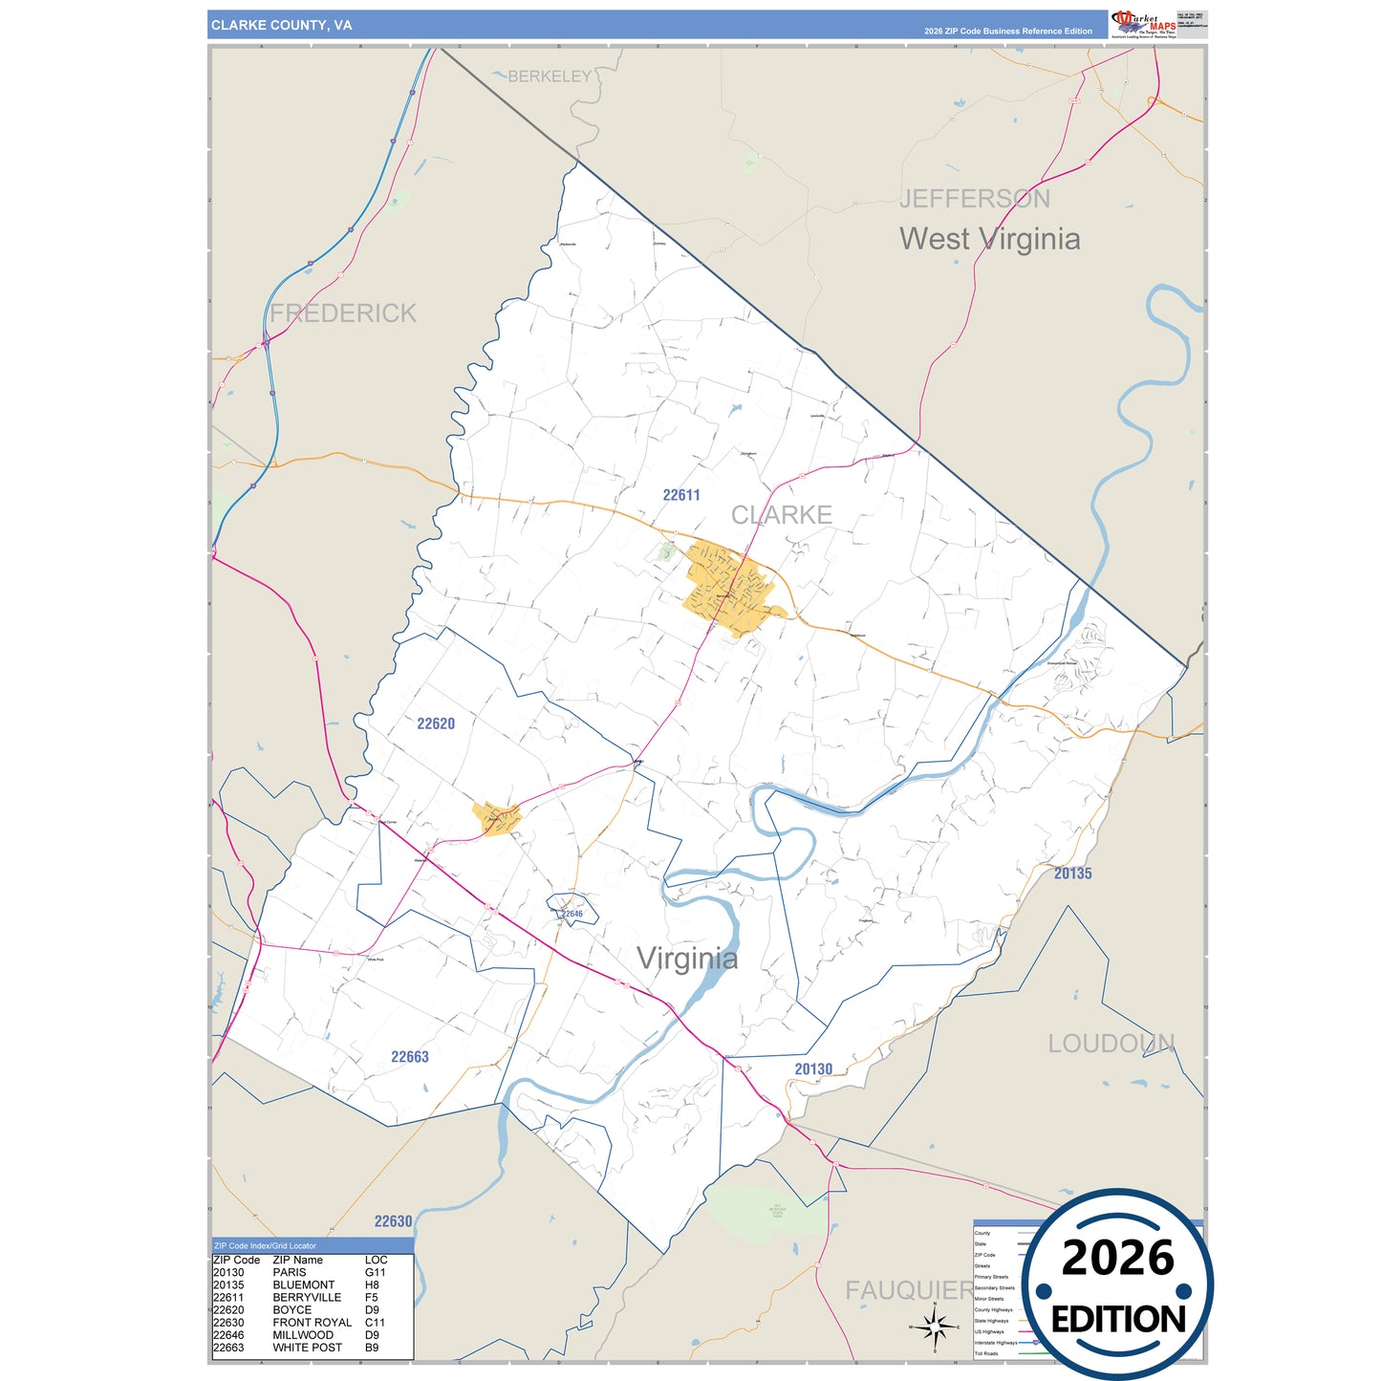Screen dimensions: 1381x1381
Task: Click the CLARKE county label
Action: (x=781, y=515)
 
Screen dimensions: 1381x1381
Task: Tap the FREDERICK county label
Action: (x=343, y=313)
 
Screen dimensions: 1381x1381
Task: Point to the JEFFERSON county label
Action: (x=974, y=199)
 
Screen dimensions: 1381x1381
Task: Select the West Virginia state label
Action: (x=989, y=239)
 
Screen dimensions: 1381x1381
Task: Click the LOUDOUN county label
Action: (x=1111, y=1044)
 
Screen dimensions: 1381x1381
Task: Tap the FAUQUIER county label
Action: (x=909, y=1291)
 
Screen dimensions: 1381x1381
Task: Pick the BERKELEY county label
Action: (x=550, y=76)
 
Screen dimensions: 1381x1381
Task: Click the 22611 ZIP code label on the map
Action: (x=681, y=495)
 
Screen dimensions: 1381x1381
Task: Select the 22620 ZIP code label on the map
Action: (x=436, y=723)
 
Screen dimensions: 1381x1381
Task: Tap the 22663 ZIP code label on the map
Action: (x=410, y=1057)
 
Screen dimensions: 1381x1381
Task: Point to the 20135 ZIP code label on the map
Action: (x=1072, y=874)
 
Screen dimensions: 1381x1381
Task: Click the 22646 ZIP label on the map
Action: (x=572, y=914)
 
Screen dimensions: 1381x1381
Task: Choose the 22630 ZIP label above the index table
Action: (x=393, y=1221)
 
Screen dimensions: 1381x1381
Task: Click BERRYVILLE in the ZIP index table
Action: (x=307, y=1298)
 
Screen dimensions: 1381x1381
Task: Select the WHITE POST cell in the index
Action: (x=307, y=1348)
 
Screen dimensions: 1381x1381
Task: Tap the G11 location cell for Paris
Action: (x=375, y=1273)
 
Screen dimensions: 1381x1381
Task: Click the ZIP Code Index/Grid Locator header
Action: (x=265, y=1246)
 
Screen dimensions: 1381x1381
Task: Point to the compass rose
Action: (x=935, y=1327)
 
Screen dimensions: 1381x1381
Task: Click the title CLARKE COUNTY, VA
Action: (x=281, y=26)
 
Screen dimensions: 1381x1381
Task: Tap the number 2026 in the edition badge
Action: (x=1117, y=1259)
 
